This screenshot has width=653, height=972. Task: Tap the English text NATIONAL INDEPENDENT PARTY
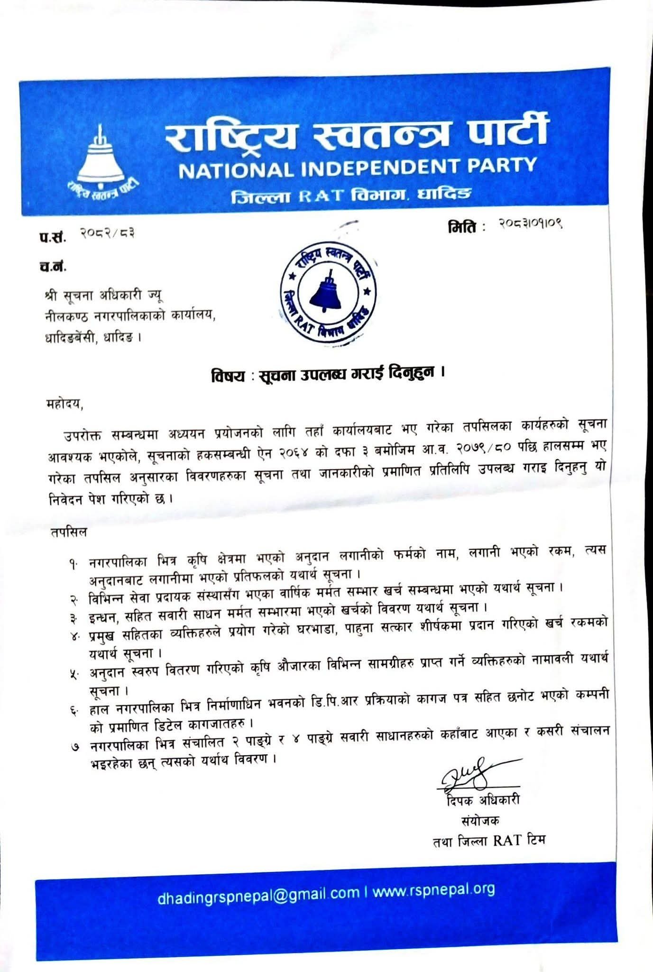[358, 167]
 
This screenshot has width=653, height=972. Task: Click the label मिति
[461, 227]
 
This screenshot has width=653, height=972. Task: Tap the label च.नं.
[53, 267]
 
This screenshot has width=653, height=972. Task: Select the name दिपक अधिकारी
[483, 800]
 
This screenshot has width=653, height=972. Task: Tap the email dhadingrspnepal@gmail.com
[259, 892]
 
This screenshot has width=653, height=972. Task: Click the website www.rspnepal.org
[433, 890]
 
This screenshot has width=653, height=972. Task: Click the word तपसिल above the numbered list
[68, 532]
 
